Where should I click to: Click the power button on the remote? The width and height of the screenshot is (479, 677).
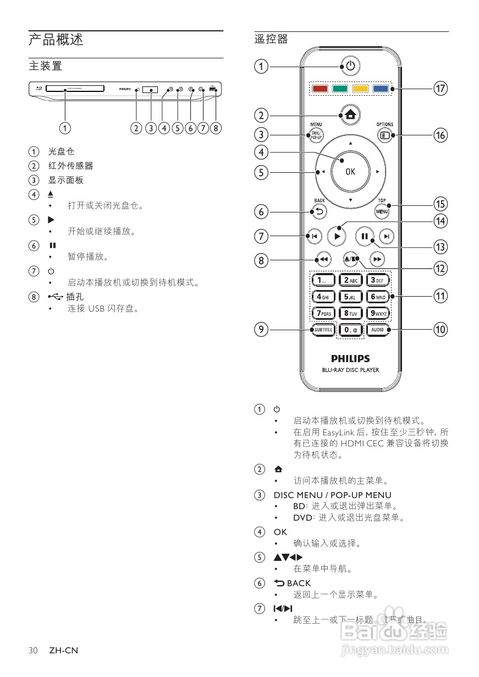350,67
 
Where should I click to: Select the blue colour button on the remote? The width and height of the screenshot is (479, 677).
380,89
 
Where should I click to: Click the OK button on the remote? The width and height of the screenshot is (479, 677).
350,172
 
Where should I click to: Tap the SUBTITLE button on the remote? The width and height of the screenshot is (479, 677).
323,330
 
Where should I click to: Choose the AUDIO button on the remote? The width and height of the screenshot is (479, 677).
377,330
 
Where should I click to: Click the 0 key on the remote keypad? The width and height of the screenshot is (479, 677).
350,330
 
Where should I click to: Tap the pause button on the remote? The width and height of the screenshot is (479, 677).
364,237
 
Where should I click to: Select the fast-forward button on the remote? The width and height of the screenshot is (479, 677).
377,259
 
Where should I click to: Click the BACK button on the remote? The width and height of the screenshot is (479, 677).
319,211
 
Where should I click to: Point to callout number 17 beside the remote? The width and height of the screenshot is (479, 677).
439,89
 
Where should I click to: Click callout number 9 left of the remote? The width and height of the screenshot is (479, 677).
262,330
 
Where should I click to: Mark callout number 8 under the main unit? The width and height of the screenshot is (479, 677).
216,128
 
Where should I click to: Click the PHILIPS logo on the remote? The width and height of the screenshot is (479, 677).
350,358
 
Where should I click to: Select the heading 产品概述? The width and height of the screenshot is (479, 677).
56,40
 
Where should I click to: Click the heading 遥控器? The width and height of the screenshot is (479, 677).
271,40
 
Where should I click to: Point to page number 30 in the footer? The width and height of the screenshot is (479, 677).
34,651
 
